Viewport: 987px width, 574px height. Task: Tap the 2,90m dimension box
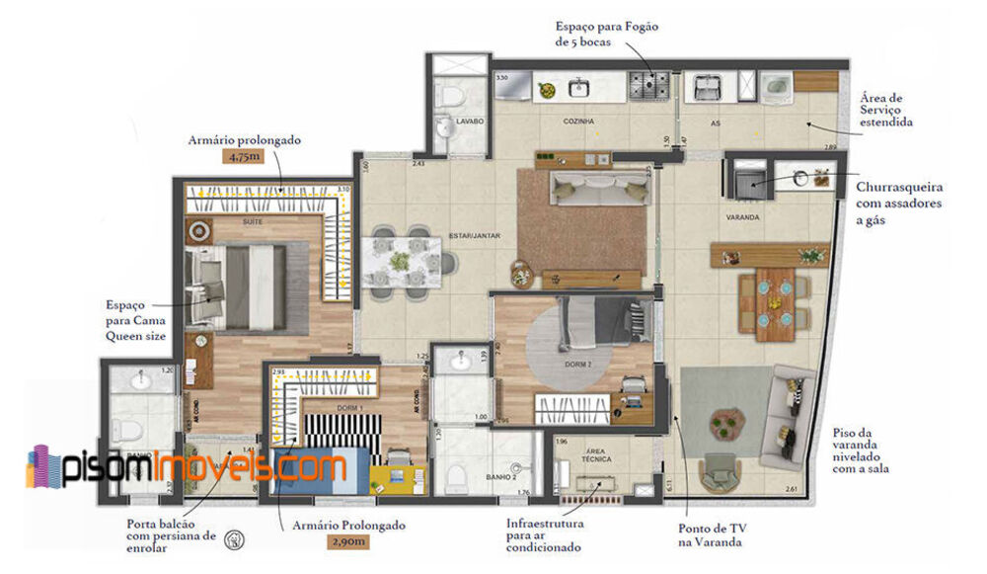[349, 542]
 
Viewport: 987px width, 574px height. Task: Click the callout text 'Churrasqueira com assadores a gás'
[899, 203]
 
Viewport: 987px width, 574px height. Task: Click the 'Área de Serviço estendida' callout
[885, 109]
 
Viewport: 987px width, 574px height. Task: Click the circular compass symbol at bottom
[235, 539]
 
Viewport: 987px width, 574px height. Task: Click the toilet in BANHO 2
[455, 479]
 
